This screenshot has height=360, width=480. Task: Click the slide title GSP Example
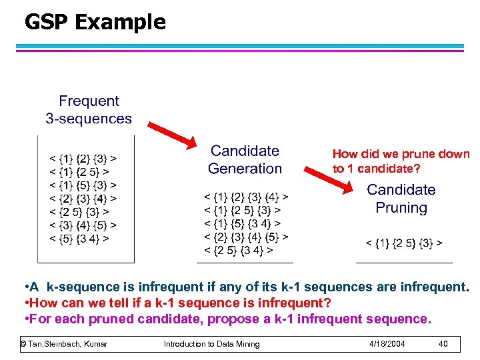[95, 23]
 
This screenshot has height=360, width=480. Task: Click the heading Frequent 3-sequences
[89, 110]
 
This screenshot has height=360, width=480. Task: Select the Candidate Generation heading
[245, 160]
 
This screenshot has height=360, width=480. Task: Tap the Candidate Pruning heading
[401, 199]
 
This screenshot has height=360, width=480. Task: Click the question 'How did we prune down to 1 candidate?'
[401, 161]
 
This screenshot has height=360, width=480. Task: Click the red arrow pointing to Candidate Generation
[173, 135]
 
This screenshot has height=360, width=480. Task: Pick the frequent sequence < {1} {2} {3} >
[84, 159]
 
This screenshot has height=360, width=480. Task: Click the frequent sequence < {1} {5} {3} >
[84, 185]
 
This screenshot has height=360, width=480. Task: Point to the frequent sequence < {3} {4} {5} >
[84, 225]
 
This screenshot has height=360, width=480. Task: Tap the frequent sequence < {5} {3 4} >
[80, 237]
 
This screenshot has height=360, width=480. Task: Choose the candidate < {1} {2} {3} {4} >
[246, 198]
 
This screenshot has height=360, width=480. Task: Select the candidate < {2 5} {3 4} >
[238, 251]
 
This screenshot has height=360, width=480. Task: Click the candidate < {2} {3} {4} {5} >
[246, 237]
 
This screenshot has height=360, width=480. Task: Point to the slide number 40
[443, 344]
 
